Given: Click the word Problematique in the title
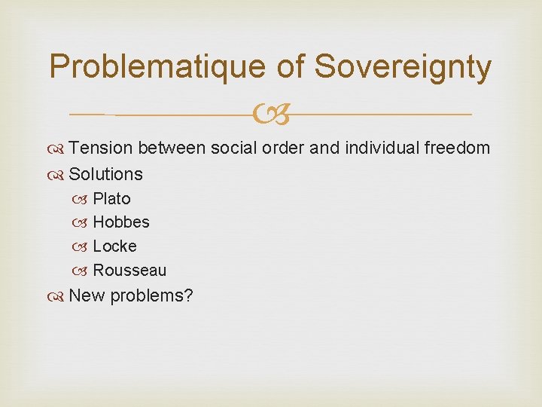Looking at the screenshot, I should click(157, 67).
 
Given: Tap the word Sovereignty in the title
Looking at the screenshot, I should click(403, 67).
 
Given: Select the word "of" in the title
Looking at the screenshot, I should click(290, 67).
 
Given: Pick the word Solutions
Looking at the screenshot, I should click(105, 174).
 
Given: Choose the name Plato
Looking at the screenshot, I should click(111, 199).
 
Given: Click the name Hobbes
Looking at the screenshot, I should click(121, 222).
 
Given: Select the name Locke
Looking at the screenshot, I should click(114, 246).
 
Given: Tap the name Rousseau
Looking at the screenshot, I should click(129, 271).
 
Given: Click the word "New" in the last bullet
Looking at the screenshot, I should click(87, 295).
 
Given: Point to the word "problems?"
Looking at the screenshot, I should click(151, 296).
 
